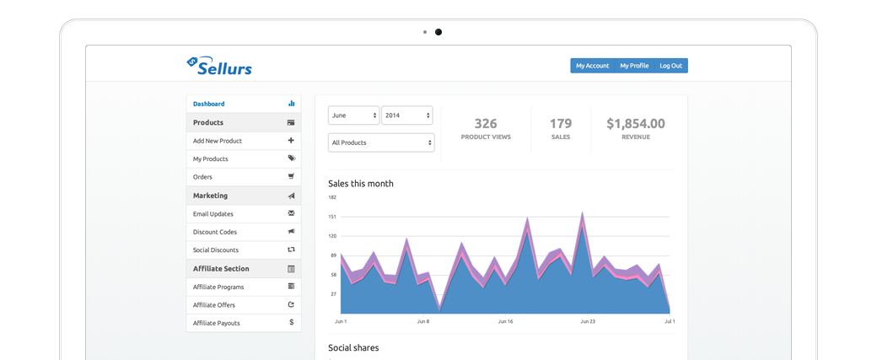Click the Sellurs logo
click(x=219, y=66)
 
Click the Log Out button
click(x=670, y=66)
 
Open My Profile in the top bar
click(x=634, y=66)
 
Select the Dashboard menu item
click(x=209, y=104)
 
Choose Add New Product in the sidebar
click(x=217, y=141)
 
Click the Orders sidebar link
click(x=202, y=177)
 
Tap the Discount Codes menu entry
click(x=215, y=232)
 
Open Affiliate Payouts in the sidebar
click(x=216, y=323)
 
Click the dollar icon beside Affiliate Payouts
click(x=291, y=323)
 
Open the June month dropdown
click(x=352, y=115)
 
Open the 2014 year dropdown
click(x=406, y=115)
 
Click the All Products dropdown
click(x=380, y=142)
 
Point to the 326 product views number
click(x=486, y=124)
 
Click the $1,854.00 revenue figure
click(x=635, y=124)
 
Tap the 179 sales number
click(x=561, y=124)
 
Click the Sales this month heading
click(x=360, y=183)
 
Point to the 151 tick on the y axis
click(x=332, y=217)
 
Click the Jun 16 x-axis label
click(x=506, y=321)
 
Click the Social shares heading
click(x=353, y=347)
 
